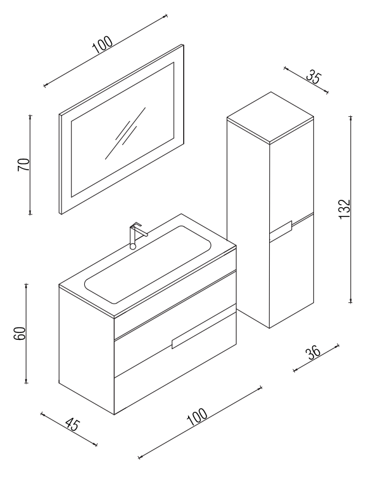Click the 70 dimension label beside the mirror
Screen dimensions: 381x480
point(24,165)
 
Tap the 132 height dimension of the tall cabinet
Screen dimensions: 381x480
point(344,210)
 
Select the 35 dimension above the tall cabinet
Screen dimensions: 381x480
point(313,77)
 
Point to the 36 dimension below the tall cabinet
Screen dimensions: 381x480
point(313,353)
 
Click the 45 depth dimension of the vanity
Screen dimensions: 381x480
point(73,425)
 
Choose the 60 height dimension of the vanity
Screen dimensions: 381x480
point(20,334)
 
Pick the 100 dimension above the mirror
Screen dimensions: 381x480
point(102,45)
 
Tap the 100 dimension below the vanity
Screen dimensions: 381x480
point(197,417)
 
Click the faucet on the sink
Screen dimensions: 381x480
point(136,235)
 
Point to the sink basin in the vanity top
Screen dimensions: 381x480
point(147,265)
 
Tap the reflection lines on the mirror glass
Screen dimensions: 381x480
point(125,133)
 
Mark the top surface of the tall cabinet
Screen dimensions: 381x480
point(270,117)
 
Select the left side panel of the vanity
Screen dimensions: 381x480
point(86,351)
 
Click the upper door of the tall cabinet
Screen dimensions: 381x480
point(292,178)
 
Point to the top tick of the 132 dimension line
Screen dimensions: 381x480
point(351,117)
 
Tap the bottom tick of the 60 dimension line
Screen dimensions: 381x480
point(26,382)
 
